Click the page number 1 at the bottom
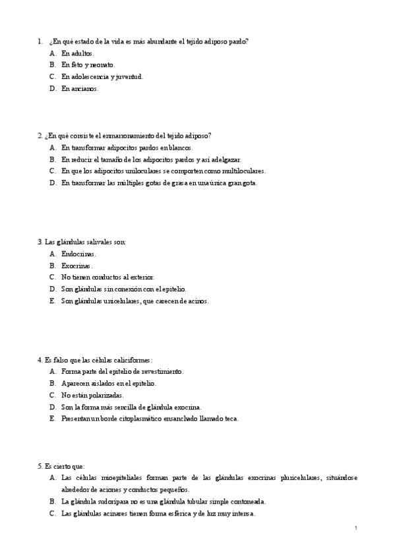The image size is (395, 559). pyautogui.click(x=355, y=528)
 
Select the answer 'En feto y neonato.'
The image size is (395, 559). pyautogui.click(x=88, y=65)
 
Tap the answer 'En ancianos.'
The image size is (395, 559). pyautogui.click(x=80, y=88)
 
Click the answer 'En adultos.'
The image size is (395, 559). pyautogui.click(x=78, y=53)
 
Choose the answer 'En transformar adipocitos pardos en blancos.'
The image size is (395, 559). pyautogui.click(x=127, y=147)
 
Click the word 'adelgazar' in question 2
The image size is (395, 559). pyautogui.click(x=226, y=159)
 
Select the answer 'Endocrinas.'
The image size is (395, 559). pyautogui.click(x=78, y=253)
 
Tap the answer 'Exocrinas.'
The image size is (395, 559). pyautogui.click(x=77, y=265)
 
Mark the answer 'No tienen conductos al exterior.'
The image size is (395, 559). pyautogui.click(x=107, y=277)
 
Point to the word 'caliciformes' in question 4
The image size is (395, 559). pyautogui.click(x=132, y=359)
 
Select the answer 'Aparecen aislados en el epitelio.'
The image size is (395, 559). pyautogui.click(x=109, y=383)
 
